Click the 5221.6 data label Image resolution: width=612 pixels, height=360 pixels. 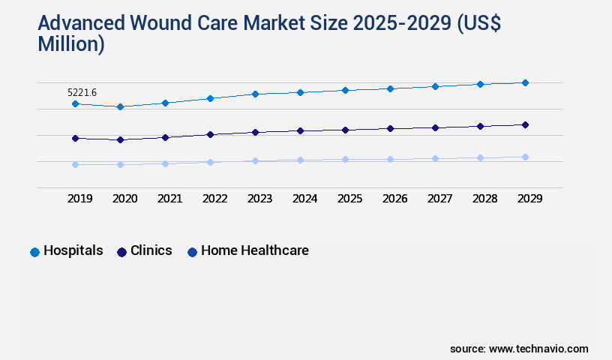(x=82, y=92)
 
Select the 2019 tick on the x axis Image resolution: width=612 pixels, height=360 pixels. (x=80, y=199)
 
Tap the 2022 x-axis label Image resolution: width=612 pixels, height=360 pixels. (x=215, y=199)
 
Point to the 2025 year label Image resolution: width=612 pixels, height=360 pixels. (x=350, y=199)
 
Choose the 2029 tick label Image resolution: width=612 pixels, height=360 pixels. (x=530, y=199)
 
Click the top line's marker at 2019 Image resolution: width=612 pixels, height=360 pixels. (x=75, y=103)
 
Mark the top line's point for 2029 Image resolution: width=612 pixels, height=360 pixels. (x=525, y=82)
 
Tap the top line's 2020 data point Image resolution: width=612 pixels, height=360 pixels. (x=120, y=106)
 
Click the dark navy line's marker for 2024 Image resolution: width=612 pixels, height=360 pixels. (x=300, y=130)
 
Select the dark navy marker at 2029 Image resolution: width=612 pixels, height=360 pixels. (x=525, y=124)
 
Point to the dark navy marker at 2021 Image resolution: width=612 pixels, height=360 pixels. (x=165, y=137)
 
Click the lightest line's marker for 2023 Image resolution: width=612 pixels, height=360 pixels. (x=255, y=160)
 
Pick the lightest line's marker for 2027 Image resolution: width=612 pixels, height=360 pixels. (x=435, y=158)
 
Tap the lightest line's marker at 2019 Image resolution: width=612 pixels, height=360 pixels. (x=75, y=164)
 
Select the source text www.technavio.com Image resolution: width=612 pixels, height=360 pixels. (x=538, y=349)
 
